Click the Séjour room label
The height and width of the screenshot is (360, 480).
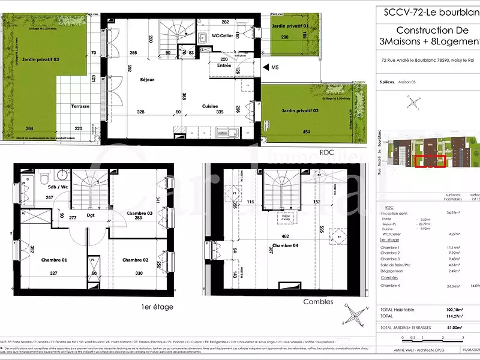coord(147,79)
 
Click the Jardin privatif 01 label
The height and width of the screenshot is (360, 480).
coord(289,27)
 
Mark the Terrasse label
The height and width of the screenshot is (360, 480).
coord(80,106)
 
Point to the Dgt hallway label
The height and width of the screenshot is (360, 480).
coord(91,215)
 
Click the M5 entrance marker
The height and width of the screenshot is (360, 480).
coord(275,68)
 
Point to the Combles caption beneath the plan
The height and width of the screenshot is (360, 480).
coord(318,302)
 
